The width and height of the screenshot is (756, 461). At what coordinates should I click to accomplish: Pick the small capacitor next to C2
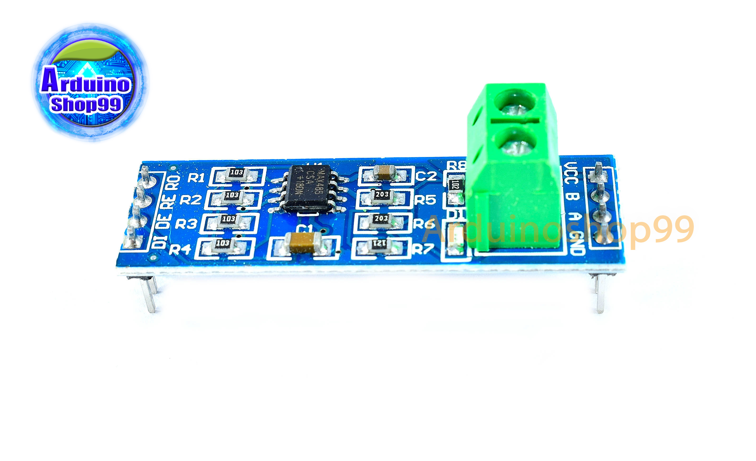pyautogui.click(x=386, y=172)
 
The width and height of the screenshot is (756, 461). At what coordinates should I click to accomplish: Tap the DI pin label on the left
pyautogui.click(x=160, y=243)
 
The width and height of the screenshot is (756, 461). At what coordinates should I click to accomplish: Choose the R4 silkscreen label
pyautogui.click(x=180, y=249)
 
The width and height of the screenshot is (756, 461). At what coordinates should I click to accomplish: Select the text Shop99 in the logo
pyautogui.click(x=86, y=104)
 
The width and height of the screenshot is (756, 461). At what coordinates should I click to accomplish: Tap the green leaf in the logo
pyautogui.click(x=86, y=51)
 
